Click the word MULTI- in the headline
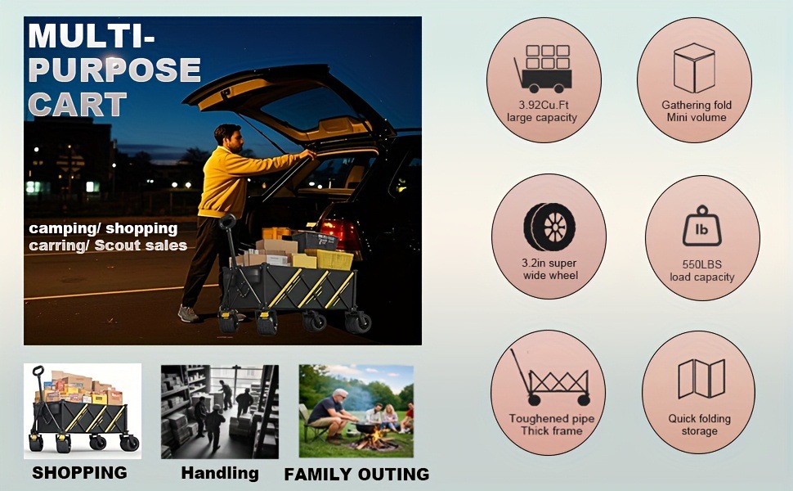coord(92,35)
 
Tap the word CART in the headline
coord(78,104)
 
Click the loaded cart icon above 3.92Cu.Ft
coord(543,69)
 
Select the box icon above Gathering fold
coord(694,68)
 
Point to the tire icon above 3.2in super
coord(549,227)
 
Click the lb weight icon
coord(702,226)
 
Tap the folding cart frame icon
coord(550,377)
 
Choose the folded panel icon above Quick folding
coord(701,378)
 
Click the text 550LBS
coord(702,264)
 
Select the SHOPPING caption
coord(80,473)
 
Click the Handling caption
coord(220,473)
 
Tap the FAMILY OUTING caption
coord(356,475)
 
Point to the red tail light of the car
coord(339,232)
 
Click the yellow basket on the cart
coord(329,259)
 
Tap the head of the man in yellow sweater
coord(227,137)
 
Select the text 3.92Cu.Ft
coord(544,105)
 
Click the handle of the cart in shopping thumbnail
coord(38,372)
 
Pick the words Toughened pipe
coord(552,419)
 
